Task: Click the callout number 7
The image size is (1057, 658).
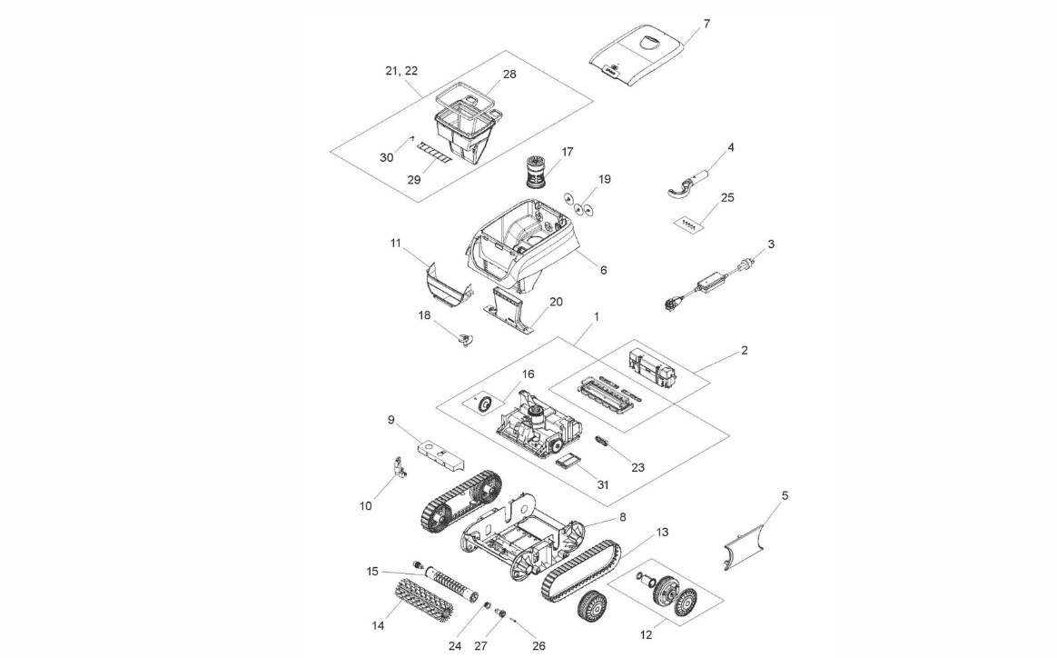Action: [x=706, y=23]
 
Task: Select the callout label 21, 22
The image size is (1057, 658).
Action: [x=400, y=70]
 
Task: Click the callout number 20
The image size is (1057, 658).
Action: [x=556, y=301]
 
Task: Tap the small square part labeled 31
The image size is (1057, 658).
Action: [x=569, y=462]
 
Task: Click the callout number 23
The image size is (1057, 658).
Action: [x=637, y=468]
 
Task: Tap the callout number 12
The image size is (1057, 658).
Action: [x=646, y=635]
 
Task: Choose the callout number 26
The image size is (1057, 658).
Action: [x=538, y=646]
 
